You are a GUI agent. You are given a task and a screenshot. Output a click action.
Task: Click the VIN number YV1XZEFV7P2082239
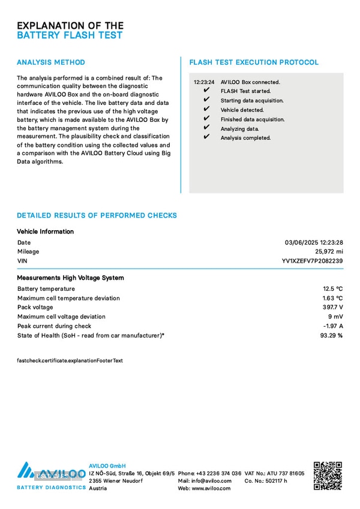312,261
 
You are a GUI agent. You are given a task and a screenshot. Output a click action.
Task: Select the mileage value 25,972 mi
329,252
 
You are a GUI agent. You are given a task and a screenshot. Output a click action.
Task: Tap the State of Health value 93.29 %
331,335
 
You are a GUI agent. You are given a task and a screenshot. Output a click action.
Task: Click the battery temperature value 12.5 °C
332,289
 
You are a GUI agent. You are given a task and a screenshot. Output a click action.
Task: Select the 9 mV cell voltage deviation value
335,317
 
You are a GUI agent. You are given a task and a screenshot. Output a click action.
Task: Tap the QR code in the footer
328,476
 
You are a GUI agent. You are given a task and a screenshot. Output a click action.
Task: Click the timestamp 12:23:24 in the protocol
204,82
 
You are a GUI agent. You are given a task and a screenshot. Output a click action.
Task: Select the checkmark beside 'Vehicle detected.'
206,110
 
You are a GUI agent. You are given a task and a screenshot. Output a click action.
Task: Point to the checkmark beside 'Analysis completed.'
206,137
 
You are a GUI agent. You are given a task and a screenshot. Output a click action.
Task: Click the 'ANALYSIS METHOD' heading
51,62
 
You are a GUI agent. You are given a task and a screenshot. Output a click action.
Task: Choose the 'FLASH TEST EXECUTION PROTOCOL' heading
254,62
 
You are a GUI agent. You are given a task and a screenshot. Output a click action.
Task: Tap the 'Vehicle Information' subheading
45,231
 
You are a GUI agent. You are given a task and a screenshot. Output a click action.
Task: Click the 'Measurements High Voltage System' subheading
70,278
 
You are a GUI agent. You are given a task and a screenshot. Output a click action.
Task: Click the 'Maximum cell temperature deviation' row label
68,299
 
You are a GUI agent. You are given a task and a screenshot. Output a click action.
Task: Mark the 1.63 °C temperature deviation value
332,298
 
